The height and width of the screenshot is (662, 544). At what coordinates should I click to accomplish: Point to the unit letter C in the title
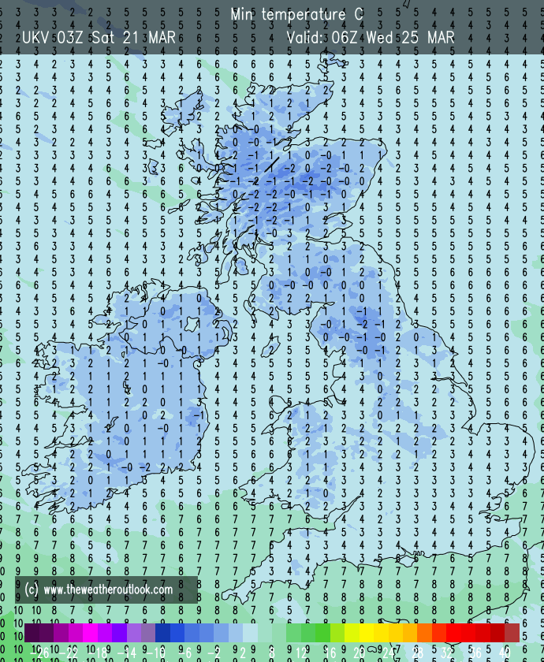359,15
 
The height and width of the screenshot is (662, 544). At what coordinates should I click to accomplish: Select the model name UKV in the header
36,37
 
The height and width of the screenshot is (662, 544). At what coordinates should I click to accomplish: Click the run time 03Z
73,37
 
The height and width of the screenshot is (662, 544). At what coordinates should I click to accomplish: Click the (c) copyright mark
32,589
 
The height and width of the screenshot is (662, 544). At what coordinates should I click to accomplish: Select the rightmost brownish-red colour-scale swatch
512,632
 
